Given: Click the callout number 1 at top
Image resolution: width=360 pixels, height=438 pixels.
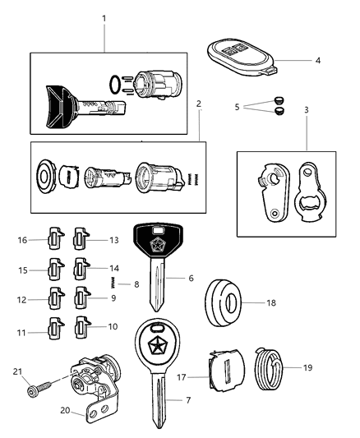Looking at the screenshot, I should point(103,18).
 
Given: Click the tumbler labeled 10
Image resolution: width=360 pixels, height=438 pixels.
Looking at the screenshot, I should point(82,326).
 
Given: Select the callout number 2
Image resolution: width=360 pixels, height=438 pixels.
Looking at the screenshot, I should point(200,104).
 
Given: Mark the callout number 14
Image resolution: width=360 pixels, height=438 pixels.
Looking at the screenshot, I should point(114,269).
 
